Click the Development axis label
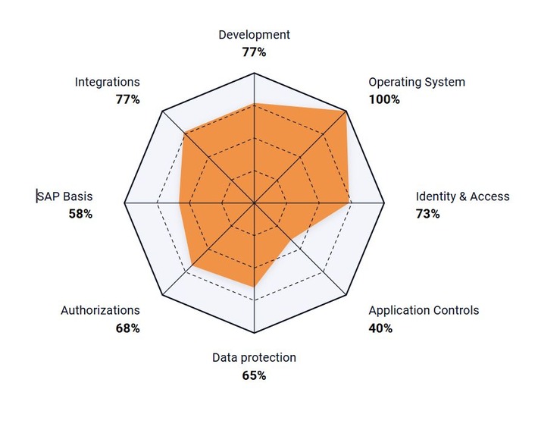pos(254,35)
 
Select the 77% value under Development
pos(254,52)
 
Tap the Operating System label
pos(416,82)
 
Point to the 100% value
pos(384,99)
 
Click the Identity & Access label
pos(462,196)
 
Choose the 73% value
pos(427,214)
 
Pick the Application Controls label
pos(424,310)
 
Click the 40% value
pos(380,328)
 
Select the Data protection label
pos(254,357)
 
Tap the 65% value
pos(254,375)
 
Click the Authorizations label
pos(100,310)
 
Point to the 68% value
pos(128,328)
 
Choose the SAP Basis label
pos(66,196)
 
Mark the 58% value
pos(80,214)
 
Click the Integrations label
pos(108,82)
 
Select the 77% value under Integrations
pos(128,99)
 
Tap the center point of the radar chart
pos(255,204)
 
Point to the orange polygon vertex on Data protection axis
pos(255,287)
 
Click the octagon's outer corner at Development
pos(255,74)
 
